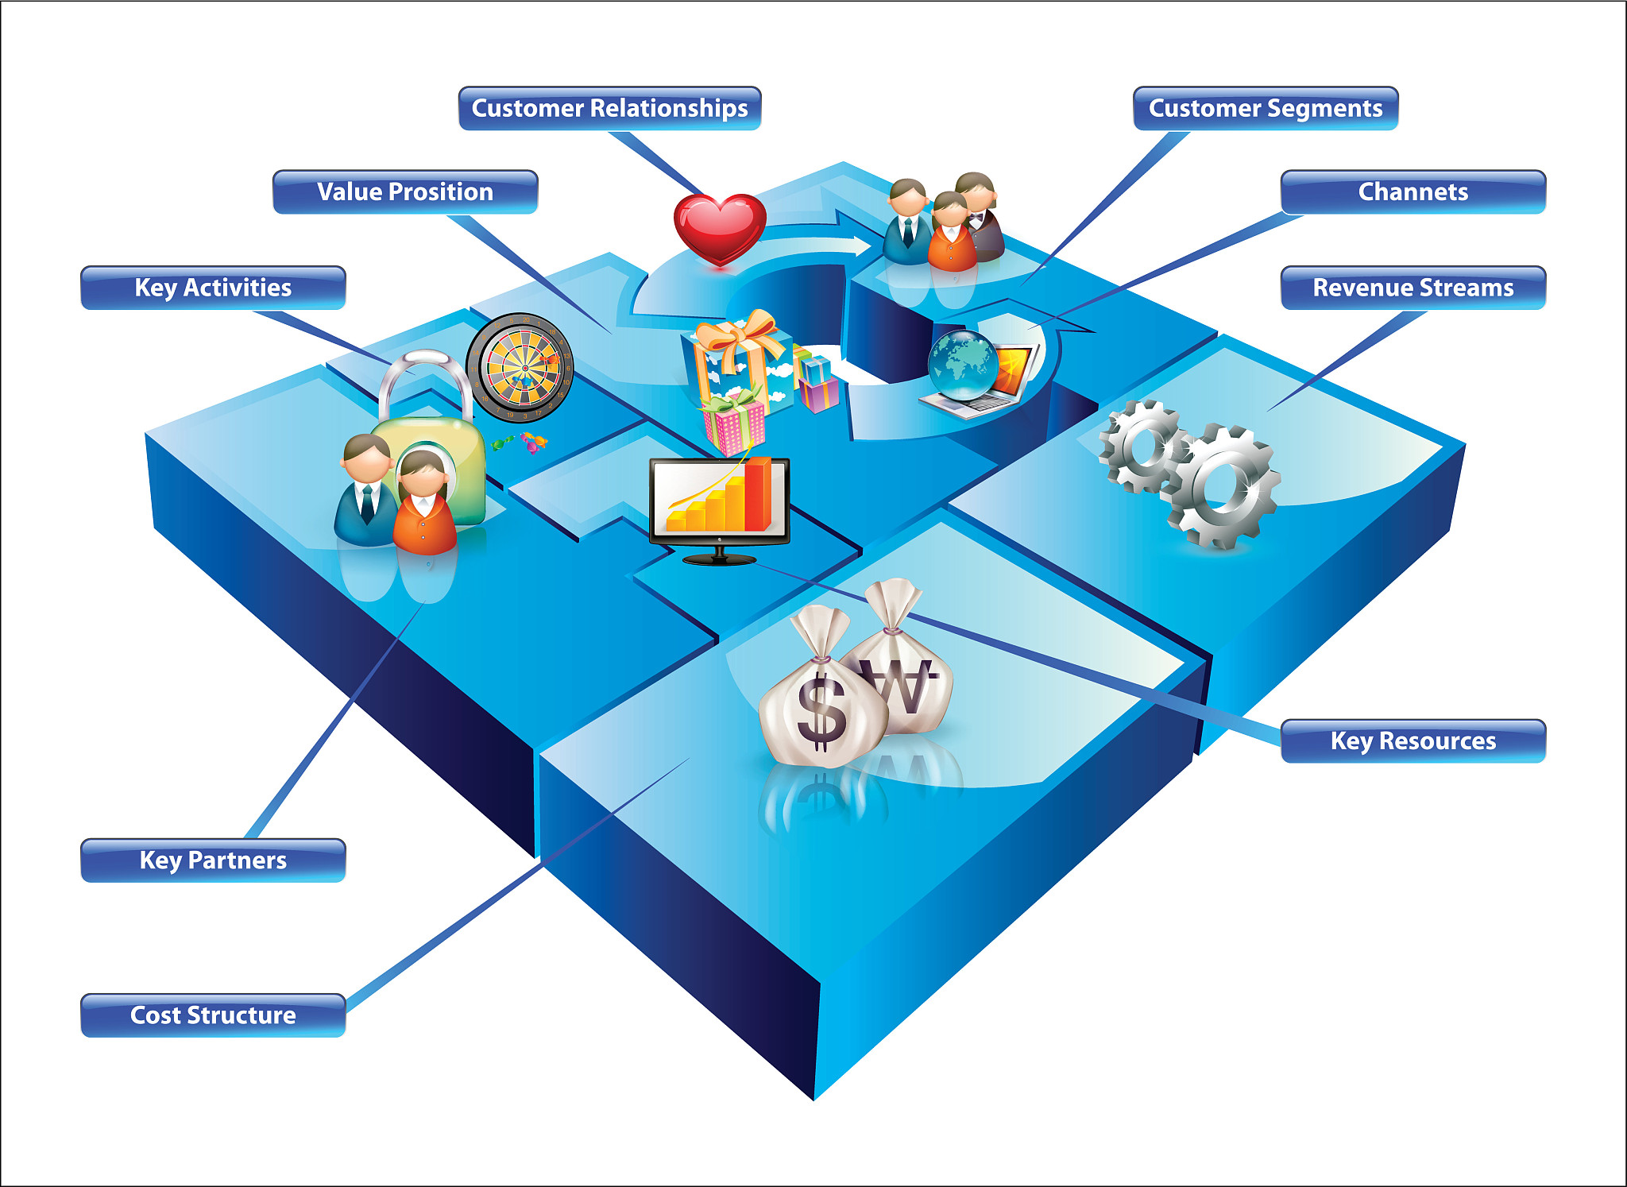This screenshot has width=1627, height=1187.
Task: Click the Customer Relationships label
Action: [609, 108]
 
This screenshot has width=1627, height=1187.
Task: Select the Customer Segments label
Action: [1265, 108]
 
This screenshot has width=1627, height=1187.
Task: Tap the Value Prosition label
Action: [405, 191]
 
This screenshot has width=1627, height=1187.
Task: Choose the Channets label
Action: [1413, 191]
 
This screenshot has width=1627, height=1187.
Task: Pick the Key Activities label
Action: [213, 288]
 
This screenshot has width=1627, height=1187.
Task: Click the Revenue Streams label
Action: [1413, 288]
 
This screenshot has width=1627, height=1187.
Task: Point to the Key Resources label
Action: [1413, 740]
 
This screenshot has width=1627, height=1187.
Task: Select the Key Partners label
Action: [213, 860]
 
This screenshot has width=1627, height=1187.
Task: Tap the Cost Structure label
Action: [213, 1015]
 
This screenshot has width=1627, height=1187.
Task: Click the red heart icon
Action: [720, 227]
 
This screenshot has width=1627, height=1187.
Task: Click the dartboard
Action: [520, 367]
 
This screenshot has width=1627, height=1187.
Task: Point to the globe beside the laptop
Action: [963, 365]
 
